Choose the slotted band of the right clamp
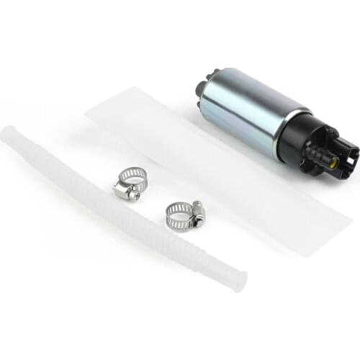click(176, 212)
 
